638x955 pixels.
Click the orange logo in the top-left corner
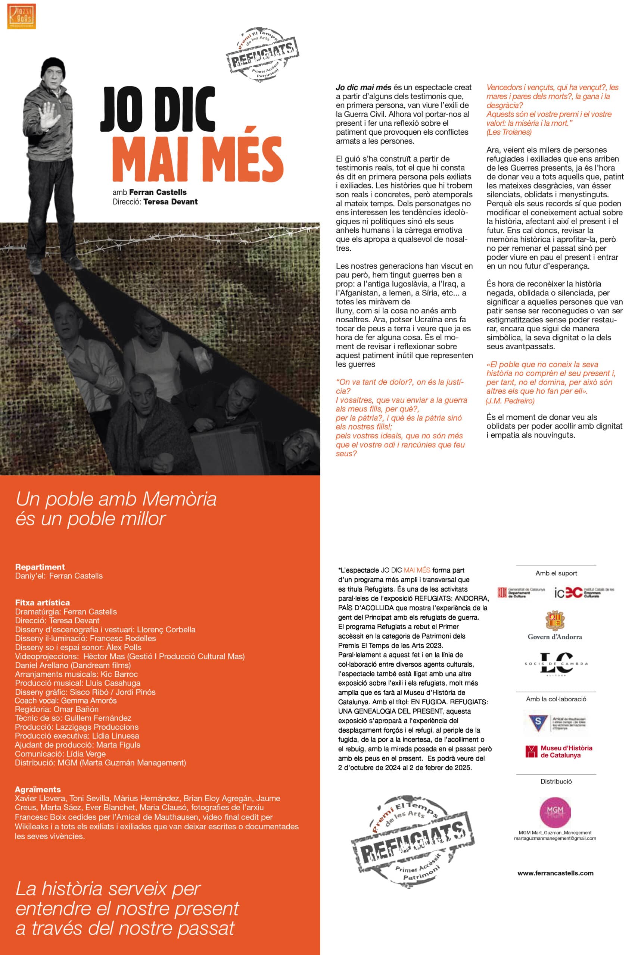22,16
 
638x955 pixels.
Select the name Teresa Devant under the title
171,202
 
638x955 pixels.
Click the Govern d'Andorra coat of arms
555,620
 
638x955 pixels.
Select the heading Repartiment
40,567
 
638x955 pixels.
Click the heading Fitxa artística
42,602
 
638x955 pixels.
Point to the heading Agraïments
38,789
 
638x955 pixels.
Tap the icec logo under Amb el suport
583,592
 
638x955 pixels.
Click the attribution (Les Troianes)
508,132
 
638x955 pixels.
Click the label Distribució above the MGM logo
556,782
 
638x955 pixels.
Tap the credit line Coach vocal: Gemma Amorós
66,701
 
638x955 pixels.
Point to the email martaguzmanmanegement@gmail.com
555,838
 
